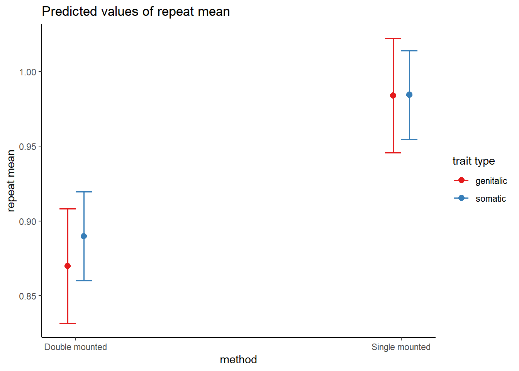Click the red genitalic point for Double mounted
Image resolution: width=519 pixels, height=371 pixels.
point(68,266)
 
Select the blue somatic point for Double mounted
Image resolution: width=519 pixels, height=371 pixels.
point(84,236)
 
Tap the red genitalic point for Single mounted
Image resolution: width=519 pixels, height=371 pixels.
point(393,95)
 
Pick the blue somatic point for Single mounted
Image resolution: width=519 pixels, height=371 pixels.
point(409,95)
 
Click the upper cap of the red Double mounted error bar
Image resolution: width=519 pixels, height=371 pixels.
point(68,209)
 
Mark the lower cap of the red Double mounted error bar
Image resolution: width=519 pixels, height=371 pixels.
point(68,323)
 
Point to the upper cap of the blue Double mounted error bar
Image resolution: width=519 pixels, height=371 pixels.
point(84,192)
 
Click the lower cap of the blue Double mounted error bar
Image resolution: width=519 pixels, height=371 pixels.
point(84,281)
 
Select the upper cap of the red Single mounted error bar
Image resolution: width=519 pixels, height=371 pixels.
point(393,38)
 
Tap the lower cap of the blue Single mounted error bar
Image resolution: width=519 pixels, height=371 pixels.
point(409,140)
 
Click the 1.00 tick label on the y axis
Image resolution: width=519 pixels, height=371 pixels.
point(28,72)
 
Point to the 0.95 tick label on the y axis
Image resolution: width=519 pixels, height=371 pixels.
point(28,147)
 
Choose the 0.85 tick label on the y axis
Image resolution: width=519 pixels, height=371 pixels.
point(28,296)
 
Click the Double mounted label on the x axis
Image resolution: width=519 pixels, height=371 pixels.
point(76,347)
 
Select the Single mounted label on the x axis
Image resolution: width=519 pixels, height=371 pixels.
point(401,347)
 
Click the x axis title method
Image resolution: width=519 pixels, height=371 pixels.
point(238,360)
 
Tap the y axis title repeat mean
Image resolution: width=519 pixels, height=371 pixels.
point(11,181)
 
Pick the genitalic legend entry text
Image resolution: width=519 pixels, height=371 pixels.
point(491,181)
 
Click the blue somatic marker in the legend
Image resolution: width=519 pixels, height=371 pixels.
point(461,198)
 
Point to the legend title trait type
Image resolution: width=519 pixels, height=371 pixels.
point(474,161)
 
